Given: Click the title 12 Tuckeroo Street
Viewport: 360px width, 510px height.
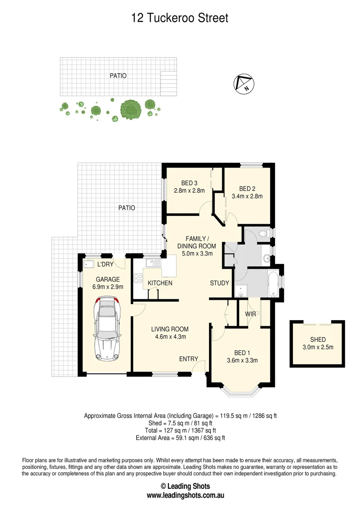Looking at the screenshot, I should tap(180, 18).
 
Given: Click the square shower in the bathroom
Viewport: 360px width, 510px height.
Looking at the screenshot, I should tap(242, 291).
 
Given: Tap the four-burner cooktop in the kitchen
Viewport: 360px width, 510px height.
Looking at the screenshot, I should tap(138, 278).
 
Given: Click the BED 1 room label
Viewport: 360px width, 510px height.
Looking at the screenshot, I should tap(242, 353).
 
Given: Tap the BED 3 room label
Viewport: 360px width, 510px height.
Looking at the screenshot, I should tap(189, 183).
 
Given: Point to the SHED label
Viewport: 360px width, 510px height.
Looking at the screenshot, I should tap(318, 340).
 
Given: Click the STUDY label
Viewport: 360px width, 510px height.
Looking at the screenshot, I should tap(219, 283).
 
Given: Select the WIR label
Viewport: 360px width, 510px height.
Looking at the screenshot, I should tap(250, 314).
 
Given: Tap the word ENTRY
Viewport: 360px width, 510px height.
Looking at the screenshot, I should tap(188, 359).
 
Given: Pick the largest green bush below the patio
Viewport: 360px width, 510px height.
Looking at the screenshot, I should tap(129, 109).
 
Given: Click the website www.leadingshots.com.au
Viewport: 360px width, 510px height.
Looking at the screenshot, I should tap(185, 495).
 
